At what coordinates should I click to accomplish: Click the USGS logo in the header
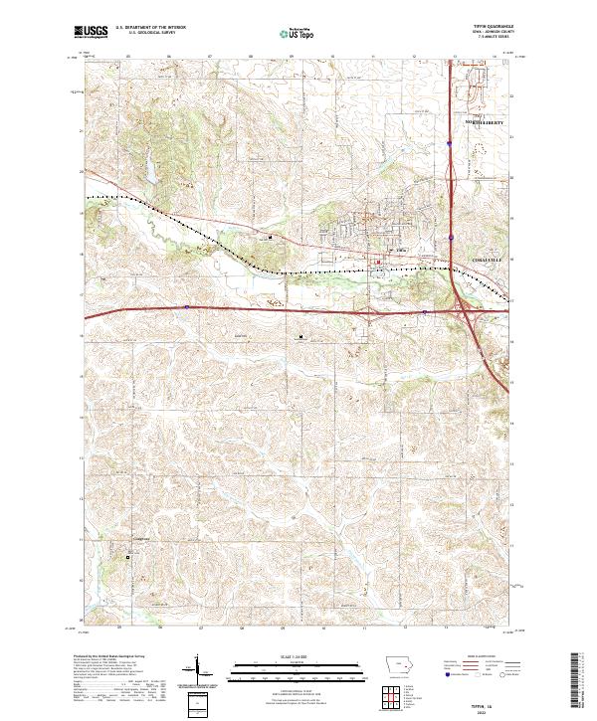pyautogui.click(x=91, y=33)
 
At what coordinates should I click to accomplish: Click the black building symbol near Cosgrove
pyautogui.click(x=127, y=558)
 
